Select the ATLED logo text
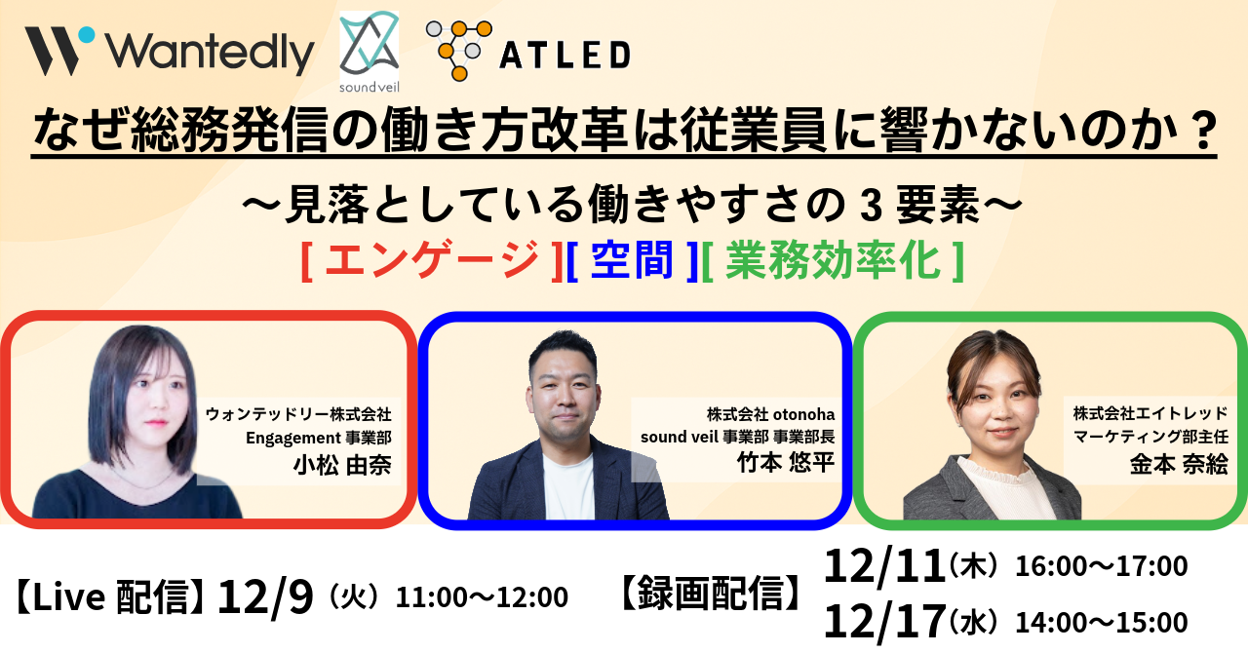coord(565,56)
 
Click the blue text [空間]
coord(633,261)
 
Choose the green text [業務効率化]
coord(834,261)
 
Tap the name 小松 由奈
coord(342,465)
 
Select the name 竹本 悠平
coord(787,461)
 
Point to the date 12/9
coord(266,596)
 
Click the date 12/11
coord(884,566)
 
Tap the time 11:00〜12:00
coord(481,597)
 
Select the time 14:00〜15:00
coord(1101,623)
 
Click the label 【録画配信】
coord(712,593)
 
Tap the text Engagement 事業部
coord(318,438)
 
